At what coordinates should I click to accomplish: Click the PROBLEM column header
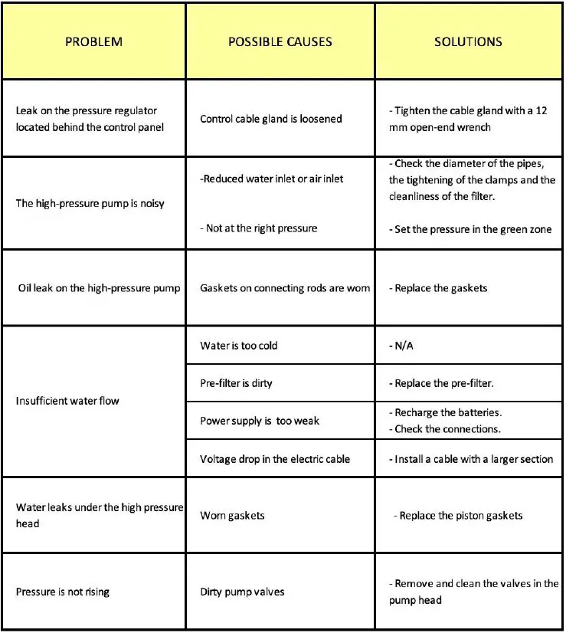pos(93,41)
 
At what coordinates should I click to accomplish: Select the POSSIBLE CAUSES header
pos(280,41)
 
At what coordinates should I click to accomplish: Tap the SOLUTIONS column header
pos(468,41)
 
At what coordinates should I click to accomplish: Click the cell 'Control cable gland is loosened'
pos(271,119)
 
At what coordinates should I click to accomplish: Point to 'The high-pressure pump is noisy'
pos(90,204)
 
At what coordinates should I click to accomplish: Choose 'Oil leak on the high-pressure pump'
pos(100,288)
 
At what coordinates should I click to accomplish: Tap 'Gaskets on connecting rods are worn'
pos(285,288)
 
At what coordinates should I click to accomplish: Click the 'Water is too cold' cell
pos(239,346)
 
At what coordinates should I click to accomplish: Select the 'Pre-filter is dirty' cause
pos(236,383)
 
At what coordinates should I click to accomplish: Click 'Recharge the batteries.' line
pos(448,412)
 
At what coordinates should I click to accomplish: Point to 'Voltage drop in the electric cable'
pos(275,459)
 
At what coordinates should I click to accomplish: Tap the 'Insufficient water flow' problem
pos(67,401)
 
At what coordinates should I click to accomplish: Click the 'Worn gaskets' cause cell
pos(232,516)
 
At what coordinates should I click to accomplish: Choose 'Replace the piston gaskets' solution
pos(460,516)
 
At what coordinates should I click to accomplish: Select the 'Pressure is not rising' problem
pos(63,592)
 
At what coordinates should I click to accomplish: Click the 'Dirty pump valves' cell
pos(243,592)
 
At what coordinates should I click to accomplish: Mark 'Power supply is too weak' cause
pos(260,421)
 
